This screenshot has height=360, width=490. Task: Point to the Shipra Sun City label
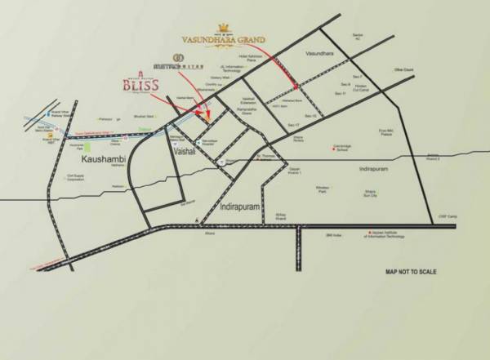point(354,193)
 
